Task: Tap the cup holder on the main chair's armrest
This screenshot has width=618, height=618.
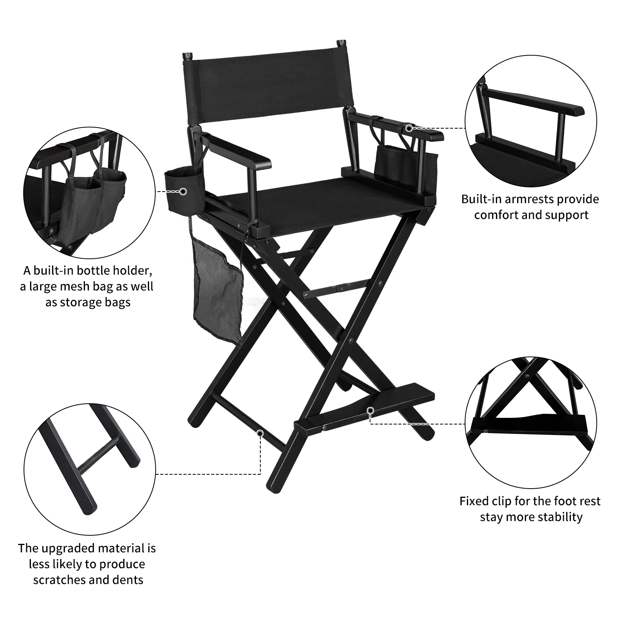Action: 182,189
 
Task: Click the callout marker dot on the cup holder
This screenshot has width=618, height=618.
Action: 183,191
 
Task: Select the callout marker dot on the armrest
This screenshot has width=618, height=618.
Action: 409,128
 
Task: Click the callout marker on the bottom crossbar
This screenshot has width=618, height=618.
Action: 260,433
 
